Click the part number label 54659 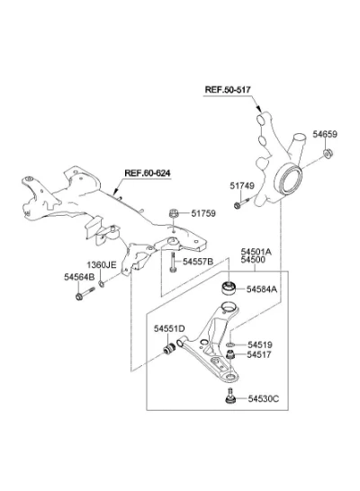[325, 134]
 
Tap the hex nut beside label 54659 [328, 154]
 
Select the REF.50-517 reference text [228, 90]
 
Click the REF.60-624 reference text [148, 173]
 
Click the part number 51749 [242, 185]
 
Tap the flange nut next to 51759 [174, 213]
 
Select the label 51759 [203, 213]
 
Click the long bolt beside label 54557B [173, 263]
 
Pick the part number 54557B [198, 262]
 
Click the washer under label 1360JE [102, 284]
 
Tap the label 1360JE [102, 265]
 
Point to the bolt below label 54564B [85, 293]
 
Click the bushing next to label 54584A [229, 289]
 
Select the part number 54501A [256, 252]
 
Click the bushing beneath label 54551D [170, 349]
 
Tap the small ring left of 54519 [230, 345]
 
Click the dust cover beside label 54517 [230, 355]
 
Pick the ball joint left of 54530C [230, 396]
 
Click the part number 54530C [263, 398]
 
